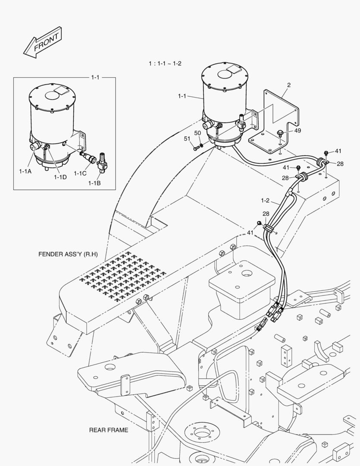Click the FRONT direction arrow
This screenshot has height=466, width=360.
(x=42, y=42)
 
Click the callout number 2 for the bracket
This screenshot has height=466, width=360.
(x=289, y=85)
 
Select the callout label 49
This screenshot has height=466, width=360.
(x=297, y=131)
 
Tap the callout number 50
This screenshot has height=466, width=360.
(x=197, y=133)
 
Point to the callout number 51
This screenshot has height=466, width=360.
(x=187, y=139)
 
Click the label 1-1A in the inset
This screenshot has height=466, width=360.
(x=25, y=171)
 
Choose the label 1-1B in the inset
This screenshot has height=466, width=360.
(x=94, y=183)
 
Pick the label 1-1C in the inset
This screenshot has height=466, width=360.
(x=80, y=173)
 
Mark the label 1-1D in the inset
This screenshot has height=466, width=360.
(x=60, y=177)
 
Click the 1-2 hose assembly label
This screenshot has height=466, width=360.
(x=265, y=200)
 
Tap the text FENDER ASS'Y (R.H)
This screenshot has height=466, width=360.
(x=68, y=254)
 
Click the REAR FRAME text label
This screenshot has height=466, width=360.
(x=109, y=430)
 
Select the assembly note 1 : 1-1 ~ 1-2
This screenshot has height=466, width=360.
(x=165, y=63)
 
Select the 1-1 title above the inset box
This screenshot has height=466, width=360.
(x=95, y=77)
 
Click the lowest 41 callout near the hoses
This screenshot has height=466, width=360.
(x=250, y=233)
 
